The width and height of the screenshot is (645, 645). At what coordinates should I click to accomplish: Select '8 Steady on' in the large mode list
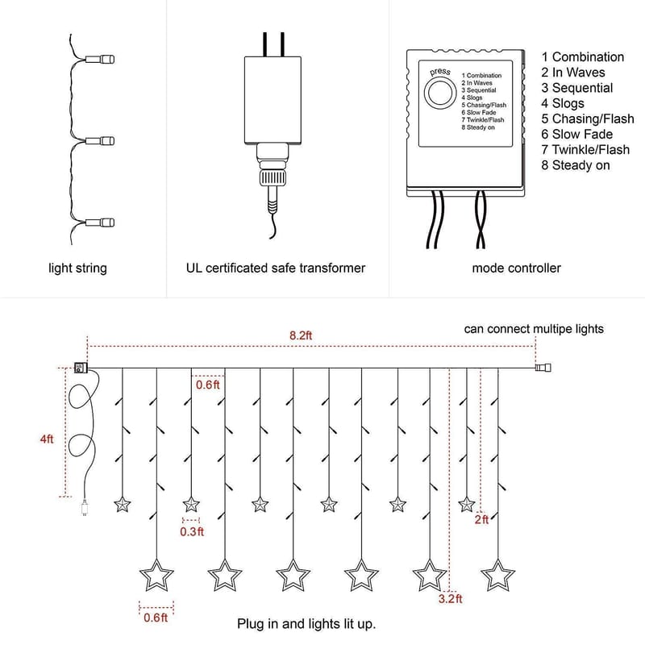575,165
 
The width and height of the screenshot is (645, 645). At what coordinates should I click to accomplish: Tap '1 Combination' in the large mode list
582,57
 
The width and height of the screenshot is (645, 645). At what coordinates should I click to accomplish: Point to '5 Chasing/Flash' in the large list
588,119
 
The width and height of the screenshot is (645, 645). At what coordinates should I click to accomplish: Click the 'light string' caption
77,268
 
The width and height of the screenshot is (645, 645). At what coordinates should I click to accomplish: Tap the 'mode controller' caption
516,268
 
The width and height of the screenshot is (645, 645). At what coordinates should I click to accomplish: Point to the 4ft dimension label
47,439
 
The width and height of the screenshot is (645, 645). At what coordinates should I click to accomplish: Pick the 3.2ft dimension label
451,599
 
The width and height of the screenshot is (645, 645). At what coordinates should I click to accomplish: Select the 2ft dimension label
481,519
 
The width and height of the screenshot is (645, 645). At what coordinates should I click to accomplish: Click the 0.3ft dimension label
192,531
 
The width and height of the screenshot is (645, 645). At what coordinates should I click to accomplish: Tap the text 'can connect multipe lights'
534,329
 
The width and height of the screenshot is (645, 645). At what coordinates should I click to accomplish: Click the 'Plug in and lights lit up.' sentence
306,624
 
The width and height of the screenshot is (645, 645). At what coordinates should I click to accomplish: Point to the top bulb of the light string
104,60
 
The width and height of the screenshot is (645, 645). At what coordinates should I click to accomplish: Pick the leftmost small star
123,505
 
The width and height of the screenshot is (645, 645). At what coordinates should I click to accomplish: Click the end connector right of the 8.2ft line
543,368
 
